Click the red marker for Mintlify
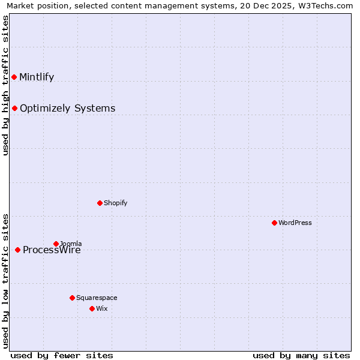pyautogui.click(x=14, y=77)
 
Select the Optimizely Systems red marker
pyautogui.click(x=14, y=108)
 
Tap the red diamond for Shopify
pyautogui.click(x=100, y=203)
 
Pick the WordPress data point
pyautogui.click(x=274, y=223)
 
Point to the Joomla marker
pyautogui.click(x=56, y=244)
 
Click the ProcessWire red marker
pyautogui.click(x=17, y=250)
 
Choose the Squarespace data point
pyautogui.click(x=72, y=298)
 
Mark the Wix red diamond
pyautogui.click(x=92, y=308)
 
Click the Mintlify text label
pyautogui.click(x=37, y=77)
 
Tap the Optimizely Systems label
pyautogui.click(x=67, y=108)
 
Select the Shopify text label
pyautogui.click(x=115, y=203)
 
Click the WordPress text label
pyautogui.click(x=295, y=223)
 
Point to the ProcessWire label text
pyautogui.click(x=52, y=250)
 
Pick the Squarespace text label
pyautogui.click(x=97, y=298)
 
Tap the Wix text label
pyautogui.click(x=101, y=308)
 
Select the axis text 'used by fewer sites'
pyautogui.click(x=62, y=355)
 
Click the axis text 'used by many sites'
pyautogui.click(x=301, y=355)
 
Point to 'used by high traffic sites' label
pyautogui.click(x=6, y=85)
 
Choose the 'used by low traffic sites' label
pyautogui.click(x=6, y=280)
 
